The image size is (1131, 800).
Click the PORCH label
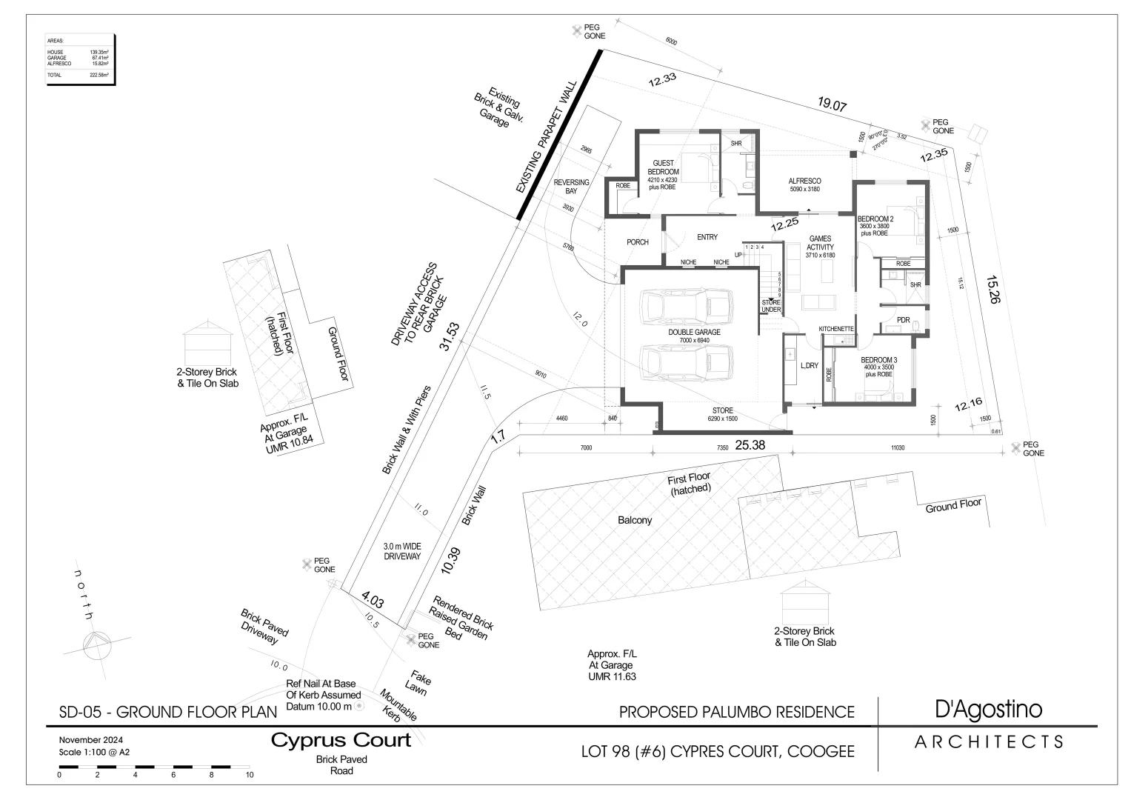638,242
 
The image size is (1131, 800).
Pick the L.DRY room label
809,365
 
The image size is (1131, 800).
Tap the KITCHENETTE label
836,328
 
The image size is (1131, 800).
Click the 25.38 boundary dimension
750,445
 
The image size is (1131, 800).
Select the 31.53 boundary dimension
450,337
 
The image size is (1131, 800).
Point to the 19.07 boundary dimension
832,105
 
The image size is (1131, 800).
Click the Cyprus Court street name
341,740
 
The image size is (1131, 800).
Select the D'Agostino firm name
988,709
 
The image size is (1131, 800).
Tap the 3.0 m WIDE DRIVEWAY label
402,550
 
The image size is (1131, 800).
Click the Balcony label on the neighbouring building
635,520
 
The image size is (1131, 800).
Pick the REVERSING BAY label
571,187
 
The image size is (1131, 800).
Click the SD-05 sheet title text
167,713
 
